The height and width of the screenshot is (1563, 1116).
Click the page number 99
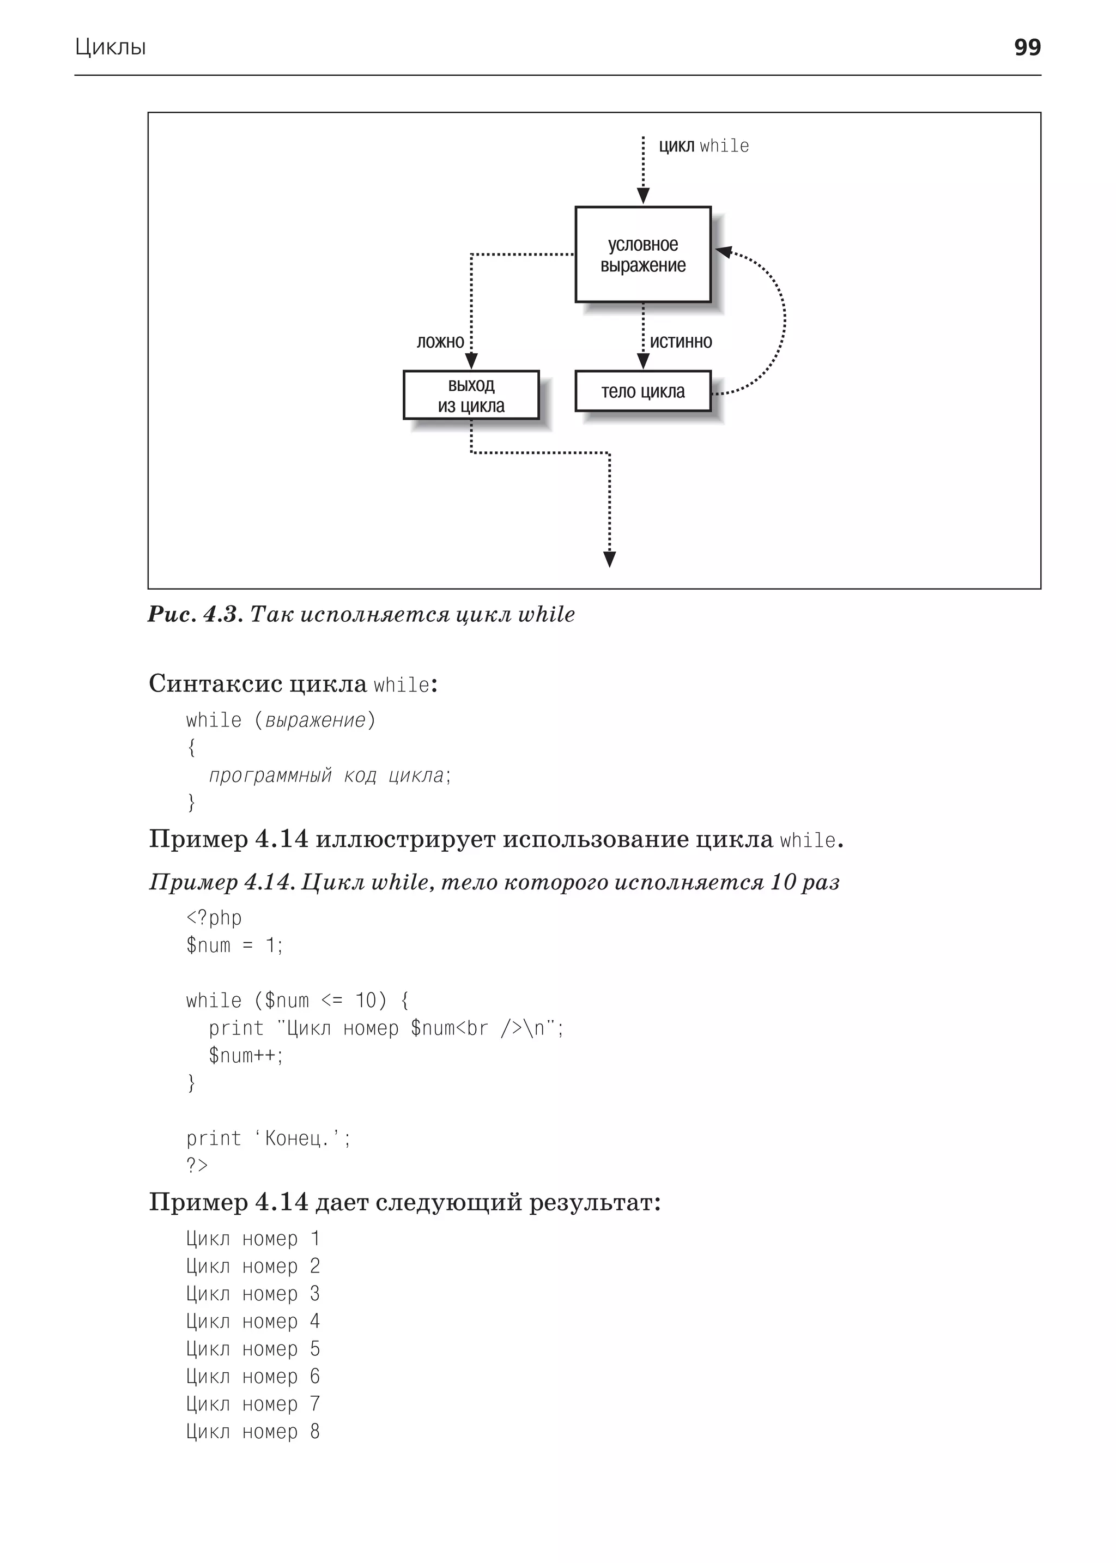(x=1027, y=47)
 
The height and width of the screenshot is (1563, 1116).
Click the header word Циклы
(x=111, y=47)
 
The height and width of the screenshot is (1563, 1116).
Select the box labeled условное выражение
(x=642, y=255)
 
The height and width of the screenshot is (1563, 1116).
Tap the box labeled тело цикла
(x=642, y=391)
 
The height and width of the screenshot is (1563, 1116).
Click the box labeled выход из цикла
(x=471, y=395)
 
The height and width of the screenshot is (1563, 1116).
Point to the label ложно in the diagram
(x=440, y=342)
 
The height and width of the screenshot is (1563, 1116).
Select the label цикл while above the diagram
(x=703, y=146)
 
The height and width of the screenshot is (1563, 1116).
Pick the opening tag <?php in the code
(x=214, y=918)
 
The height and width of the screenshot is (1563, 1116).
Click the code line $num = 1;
(x=234, y=946)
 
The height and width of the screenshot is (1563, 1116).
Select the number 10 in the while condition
(x=365, y=1001)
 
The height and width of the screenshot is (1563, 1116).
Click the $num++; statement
(x=246, y=1056)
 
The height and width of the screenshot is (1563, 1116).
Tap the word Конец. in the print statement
(x=296, y=1139)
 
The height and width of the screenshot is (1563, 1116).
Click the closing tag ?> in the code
(x=197, y=1166)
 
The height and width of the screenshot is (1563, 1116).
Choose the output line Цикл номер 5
(x=253, y=1349)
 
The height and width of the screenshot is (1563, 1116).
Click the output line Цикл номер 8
(x=253, y=1432)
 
